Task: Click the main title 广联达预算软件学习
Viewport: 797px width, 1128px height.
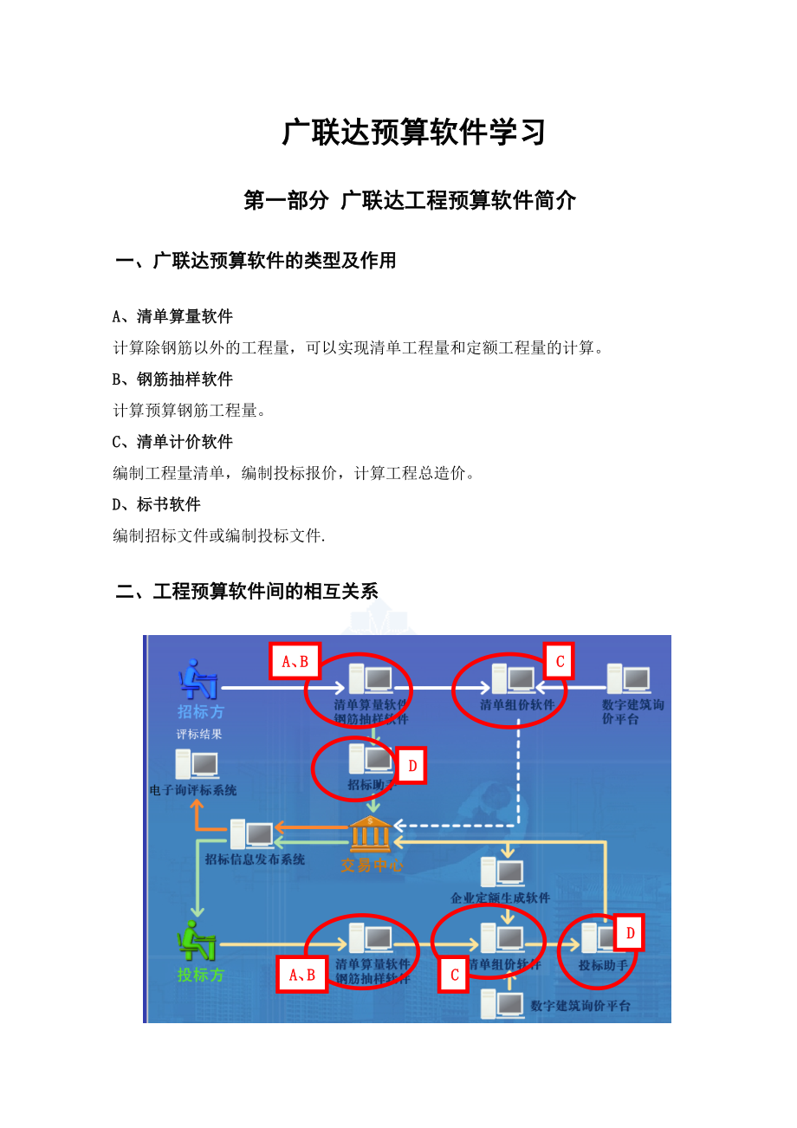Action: point(414,133)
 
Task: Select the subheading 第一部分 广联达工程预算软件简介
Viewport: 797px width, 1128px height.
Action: point(410,201)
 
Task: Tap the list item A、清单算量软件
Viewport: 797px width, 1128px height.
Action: point(173,316)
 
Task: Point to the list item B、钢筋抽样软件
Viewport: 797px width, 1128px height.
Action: point(173,379)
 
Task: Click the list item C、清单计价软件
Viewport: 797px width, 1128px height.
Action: point(173,442)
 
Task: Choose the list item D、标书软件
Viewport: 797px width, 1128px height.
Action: point(157,504)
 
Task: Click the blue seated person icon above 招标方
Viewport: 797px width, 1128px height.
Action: point(198,679)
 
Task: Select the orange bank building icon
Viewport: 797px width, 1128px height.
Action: point(371,833)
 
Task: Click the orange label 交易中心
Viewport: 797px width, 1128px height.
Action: point(371,865)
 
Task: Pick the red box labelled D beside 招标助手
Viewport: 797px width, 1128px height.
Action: point(412,766)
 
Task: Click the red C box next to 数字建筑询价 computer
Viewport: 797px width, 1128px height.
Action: point(560,662)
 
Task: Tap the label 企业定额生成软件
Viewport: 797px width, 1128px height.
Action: point(500,898)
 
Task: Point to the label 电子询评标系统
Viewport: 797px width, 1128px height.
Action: point(192,790)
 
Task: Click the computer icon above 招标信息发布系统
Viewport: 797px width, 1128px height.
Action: point(252,834)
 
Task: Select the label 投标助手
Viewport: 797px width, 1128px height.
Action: point(603,965)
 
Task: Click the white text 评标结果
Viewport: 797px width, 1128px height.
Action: point(199,734)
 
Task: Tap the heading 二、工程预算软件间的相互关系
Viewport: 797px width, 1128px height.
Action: point(247,592)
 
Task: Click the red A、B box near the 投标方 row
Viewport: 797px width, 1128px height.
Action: point(302,975)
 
